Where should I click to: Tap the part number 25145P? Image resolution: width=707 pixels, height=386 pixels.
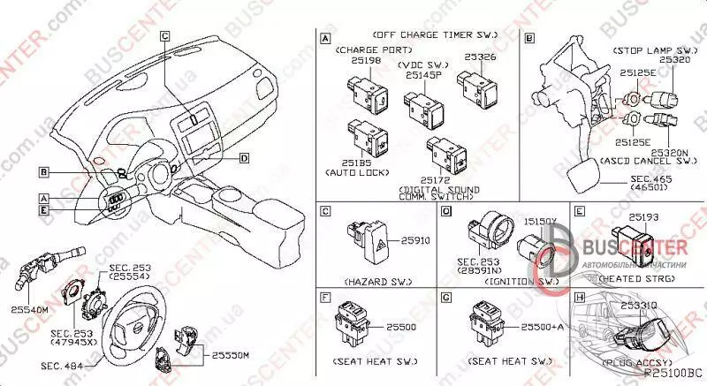422,76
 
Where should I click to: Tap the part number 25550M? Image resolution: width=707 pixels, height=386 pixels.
232,354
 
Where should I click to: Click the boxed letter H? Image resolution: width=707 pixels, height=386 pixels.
579,299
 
